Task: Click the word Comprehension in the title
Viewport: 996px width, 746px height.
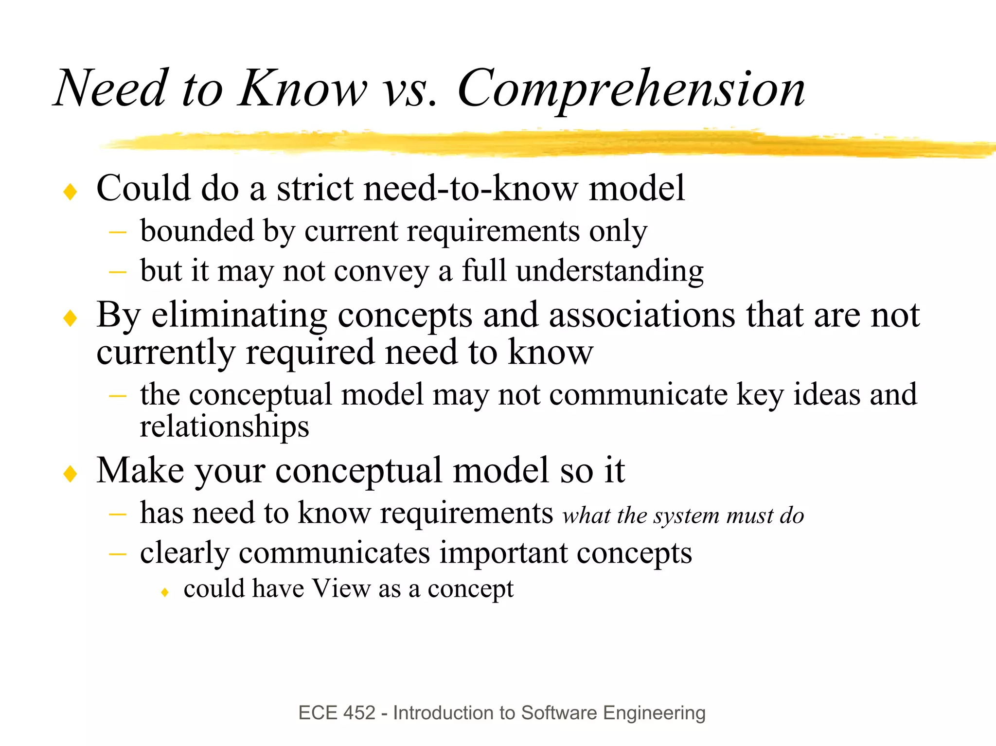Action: click(631, 89)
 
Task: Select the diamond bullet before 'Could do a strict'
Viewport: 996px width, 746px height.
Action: click(71, 192)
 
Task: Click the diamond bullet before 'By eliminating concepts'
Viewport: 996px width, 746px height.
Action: click(71, 319)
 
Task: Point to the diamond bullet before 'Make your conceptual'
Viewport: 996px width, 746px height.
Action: click(71, 474)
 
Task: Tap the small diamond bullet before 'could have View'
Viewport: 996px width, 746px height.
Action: click(165, 592)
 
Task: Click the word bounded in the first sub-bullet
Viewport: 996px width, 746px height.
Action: click(197, 231)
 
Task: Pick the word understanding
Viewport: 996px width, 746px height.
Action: click(609, 271)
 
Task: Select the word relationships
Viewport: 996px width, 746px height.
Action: click(224, 427)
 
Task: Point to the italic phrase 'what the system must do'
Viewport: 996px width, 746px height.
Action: click(683, 515)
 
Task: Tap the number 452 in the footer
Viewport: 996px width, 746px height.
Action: click(359, 713)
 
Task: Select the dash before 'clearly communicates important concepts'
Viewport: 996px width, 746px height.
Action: click(118, 554)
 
